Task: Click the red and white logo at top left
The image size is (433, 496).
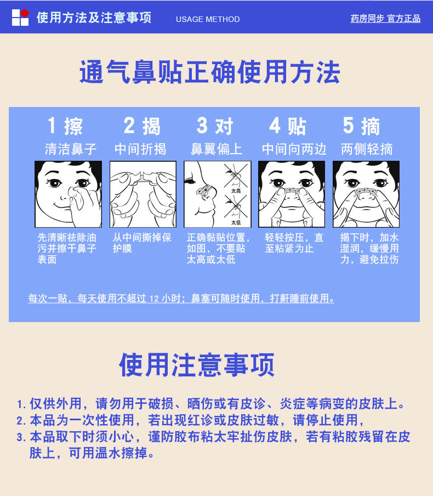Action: click(x=20, y=17)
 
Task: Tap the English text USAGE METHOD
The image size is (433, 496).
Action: click(x=208, y=19)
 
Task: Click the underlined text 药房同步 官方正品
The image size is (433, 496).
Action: click(x=385, y=19)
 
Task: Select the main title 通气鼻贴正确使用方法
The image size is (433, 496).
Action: click(x=210, y=73)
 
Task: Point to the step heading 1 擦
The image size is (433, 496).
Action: click(x=65, y=126)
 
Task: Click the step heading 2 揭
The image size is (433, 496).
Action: click(x=142, y=126)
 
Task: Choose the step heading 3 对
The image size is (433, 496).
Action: click(x=215, y=126)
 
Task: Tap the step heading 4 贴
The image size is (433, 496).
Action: click(x=288, y=126)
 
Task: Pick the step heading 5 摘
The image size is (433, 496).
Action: click(x=362, y=126)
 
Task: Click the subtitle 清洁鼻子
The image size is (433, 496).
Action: click(x=71, y=149)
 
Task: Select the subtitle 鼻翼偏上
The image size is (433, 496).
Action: click(x=216, y=149)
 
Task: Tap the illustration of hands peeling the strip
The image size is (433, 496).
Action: click(x=143, y=194)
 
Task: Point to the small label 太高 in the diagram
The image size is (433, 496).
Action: click(x=236, y=191)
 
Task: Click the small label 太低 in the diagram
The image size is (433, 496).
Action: click(x=236, y=222)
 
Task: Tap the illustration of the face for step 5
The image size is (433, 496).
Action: click(x=366, y=194)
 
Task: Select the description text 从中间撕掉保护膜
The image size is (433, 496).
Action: click(x=142, y=243)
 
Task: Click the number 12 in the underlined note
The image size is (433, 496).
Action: click(x=153, y=299)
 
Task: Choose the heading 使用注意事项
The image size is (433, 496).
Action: click(x=197, y=365)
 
